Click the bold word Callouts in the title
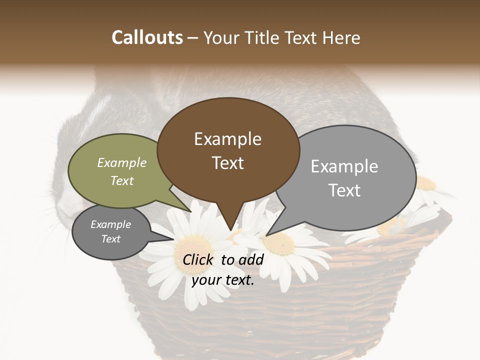(x=147, y=37)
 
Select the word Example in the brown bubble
(x=227, y=139)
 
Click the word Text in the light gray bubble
(x=344, y=190)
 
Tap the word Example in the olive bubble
(x=122, y=163)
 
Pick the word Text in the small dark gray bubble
(x=111, y=239)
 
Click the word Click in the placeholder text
(x=199, y=259)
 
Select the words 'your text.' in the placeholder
(x=223, y=280)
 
